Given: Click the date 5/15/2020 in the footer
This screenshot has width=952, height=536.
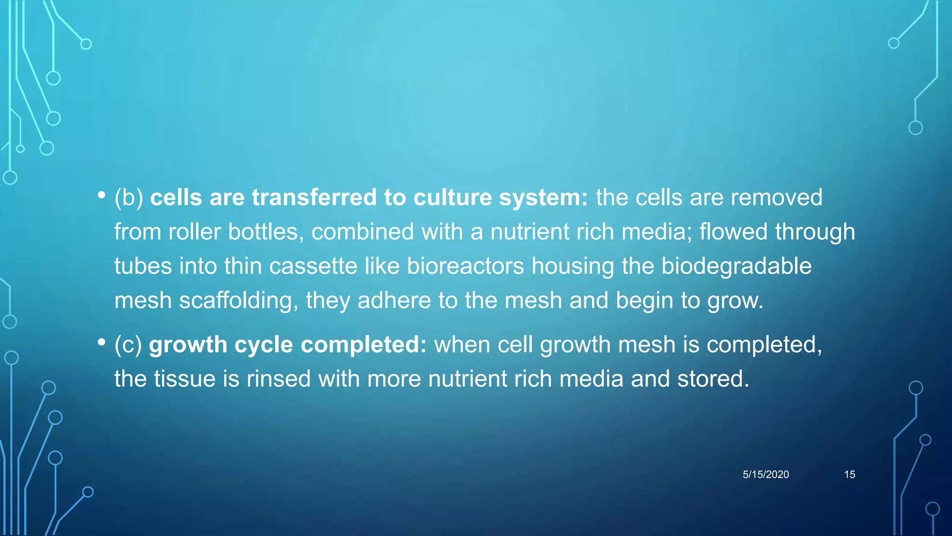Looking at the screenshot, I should [x=766, y=475].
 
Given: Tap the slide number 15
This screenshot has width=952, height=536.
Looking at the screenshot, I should [x=849, y=475].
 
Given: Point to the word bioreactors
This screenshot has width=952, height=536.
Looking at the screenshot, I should [x=465, y=266].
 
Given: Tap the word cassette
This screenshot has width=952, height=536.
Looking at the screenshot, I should [x=313, y=266].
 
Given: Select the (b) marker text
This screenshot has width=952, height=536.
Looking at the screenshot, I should [x=129, y=198].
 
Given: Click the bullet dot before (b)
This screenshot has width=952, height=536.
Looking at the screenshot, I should [x=101, y=195].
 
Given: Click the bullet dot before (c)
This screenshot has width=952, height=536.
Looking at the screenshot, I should [x=101, y=342].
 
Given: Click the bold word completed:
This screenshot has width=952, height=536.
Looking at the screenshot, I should [x=364, y=345].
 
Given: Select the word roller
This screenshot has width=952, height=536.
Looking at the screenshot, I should [x=194, y=232].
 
